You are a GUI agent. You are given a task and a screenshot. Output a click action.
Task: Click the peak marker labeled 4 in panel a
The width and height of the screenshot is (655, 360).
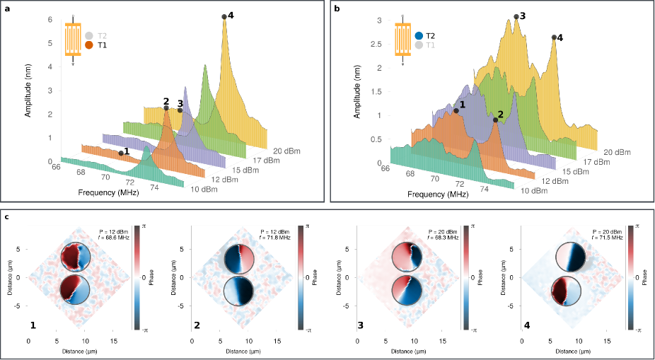[224, 16]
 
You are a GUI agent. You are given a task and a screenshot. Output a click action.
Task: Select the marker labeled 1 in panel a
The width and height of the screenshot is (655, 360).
[121, 153]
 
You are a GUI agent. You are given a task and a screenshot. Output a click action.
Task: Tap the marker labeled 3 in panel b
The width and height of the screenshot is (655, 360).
[516, 16]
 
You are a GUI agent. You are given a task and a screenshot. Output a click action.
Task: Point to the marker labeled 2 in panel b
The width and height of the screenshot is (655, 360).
[495, 120]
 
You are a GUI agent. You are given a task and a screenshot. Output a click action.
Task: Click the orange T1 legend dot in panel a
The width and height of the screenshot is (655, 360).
[89, 45]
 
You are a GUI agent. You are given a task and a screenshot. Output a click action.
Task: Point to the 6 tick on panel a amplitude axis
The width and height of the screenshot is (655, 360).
[50, 20]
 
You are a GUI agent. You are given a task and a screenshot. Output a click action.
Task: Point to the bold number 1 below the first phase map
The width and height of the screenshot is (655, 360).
[33, 325]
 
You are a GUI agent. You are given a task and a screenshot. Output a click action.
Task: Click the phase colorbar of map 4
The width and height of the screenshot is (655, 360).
[630, 277]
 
